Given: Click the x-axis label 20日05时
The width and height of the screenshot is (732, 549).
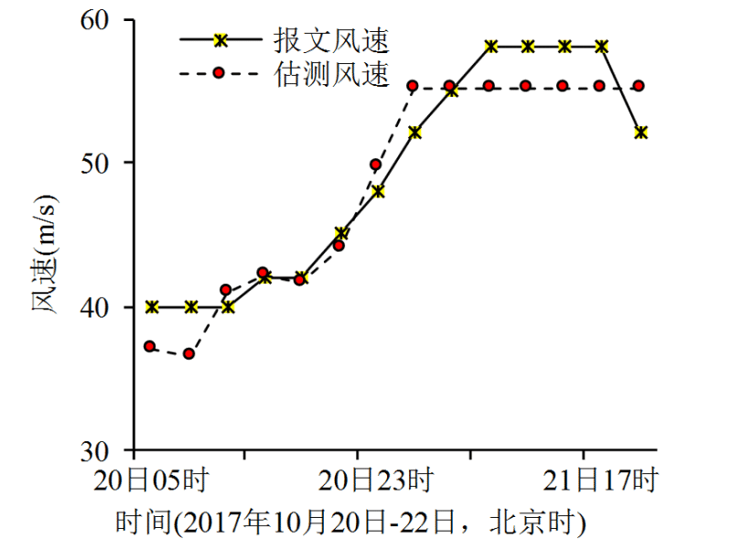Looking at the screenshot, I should pos(151,479).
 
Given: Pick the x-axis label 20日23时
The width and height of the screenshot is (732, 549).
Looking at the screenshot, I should pos(376,479).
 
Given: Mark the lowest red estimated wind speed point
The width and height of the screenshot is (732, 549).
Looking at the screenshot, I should pos(188,353).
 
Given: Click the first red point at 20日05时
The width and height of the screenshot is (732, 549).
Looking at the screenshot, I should pos(150,347).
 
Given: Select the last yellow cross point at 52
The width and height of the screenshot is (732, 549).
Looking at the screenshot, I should pos(640,133).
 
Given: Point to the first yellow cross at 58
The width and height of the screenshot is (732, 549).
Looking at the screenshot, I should pos(491,46).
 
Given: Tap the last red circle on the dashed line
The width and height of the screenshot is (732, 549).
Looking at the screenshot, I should pos(639,86).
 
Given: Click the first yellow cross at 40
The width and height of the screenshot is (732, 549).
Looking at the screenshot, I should pos(153,307).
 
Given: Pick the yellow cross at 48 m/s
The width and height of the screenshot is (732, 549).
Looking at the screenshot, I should pos(378,191).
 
